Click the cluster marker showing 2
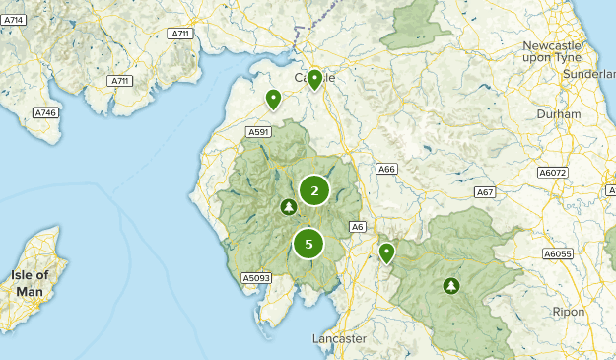(x=314, y=190)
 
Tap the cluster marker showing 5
(x=308, y=243)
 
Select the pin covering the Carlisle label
(x=314, y=79)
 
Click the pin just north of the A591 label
(x=273, y=99)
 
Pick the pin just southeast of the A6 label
(x=386, y=253)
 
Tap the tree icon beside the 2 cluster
(x=288, y=207)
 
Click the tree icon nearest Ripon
(x=451, y=286)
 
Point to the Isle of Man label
(x=29, y=283)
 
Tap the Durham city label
(x=559, y=114)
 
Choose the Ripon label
(x=568, y=312)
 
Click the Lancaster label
(x=339, y=338)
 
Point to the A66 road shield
(x=386, y=170)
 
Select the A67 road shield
(x=484, y=192)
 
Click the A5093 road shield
(x=256, y=278)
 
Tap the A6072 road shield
(x=553, y=173)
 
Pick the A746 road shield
(x=46, y=112)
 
